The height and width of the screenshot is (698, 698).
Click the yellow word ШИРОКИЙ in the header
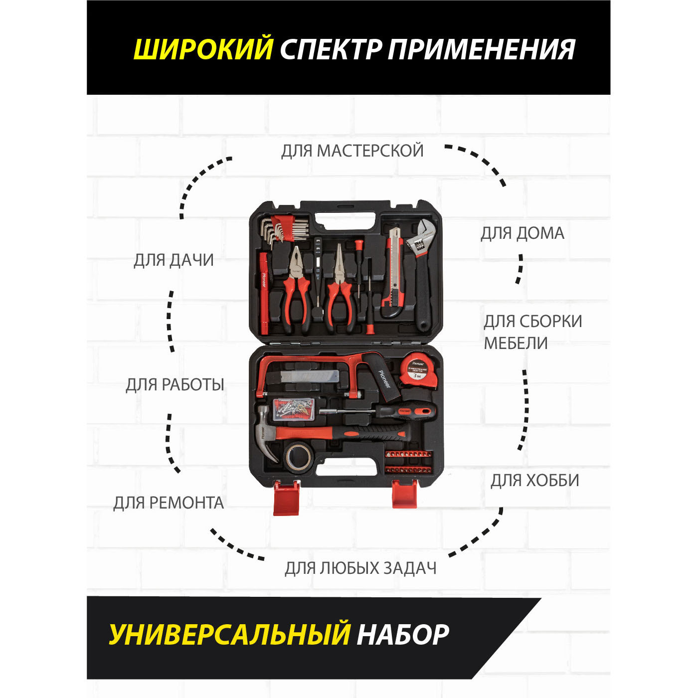pos(203,49)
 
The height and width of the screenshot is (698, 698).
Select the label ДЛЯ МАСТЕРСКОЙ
pos(352,151)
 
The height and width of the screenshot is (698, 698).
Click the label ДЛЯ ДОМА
pos(522,233)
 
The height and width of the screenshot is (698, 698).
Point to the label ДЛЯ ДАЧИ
pos(174,260)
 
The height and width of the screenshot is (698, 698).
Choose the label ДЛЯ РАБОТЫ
pos(174,385)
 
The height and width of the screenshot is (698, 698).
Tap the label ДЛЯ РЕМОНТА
pos(169,503)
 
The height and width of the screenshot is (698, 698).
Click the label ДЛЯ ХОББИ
pos(534,481)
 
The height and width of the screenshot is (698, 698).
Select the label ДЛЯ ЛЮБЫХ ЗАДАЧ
pos(360,568)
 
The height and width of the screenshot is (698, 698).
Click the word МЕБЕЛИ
pos(516,344)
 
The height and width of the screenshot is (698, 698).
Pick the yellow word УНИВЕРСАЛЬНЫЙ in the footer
pos(229,635)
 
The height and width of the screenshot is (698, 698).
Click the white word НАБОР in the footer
pos(403,635)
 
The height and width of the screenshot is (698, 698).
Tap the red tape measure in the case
pos(418,370)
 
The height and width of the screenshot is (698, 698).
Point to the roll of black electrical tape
pos(299,456)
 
